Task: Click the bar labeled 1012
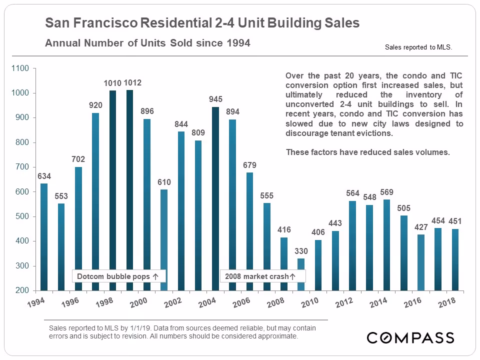[x=130, y=190]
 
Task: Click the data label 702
[x=78, y=159]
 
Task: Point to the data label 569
[x=386, y=192]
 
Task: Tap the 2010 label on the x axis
[x=310, y=302]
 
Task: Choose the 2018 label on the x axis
[x=446, y=302]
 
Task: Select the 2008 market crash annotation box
[x=260, y=276]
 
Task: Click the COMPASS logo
[x=410, y=337]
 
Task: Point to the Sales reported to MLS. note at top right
[x=418, y=47]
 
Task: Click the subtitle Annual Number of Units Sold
[x=147, y=43]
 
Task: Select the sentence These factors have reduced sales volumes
[x=367, y=152]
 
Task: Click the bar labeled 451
[x=454, y=259]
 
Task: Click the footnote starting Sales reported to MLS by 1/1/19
[x=182, y=332]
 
